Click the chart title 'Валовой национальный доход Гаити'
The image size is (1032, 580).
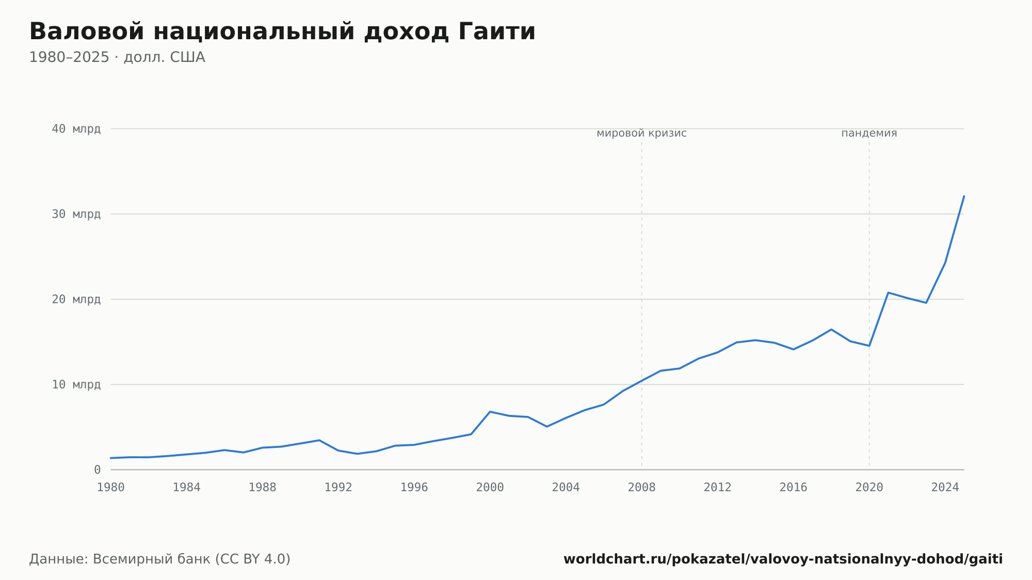[x=282, y=32]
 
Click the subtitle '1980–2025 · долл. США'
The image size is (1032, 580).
[x=117, y=57]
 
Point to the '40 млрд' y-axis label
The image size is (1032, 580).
[x=76, y=129]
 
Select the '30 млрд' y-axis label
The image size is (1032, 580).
[x=76, y=214]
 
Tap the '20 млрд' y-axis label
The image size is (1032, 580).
[x=76, y=299]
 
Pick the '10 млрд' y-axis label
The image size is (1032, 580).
[x=76, y=384]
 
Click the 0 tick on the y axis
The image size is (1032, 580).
[x=98, y=470]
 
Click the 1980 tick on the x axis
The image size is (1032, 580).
[x=111, y=488]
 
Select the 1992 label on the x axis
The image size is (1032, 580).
[x=338, y=488]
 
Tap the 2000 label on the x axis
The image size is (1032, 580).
[x=490, y=488]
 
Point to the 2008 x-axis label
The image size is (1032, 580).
[x=642, y=488]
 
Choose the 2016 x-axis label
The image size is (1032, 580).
[x=794, y=488]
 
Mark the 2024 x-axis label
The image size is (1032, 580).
[x=945, y=488]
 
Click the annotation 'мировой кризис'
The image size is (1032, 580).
[x=642, y=133]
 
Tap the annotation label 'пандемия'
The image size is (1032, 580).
[x=869, y=133]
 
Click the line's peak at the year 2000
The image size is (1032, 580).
[x=490, y=412]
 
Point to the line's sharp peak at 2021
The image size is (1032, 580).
[x=888, y=293]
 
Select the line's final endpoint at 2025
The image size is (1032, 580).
[x=964, y=196]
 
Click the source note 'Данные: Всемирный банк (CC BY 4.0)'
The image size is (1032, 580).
[x=160, y=559]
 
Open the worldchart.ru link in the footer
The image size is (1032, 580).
[x=783, y=559]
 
